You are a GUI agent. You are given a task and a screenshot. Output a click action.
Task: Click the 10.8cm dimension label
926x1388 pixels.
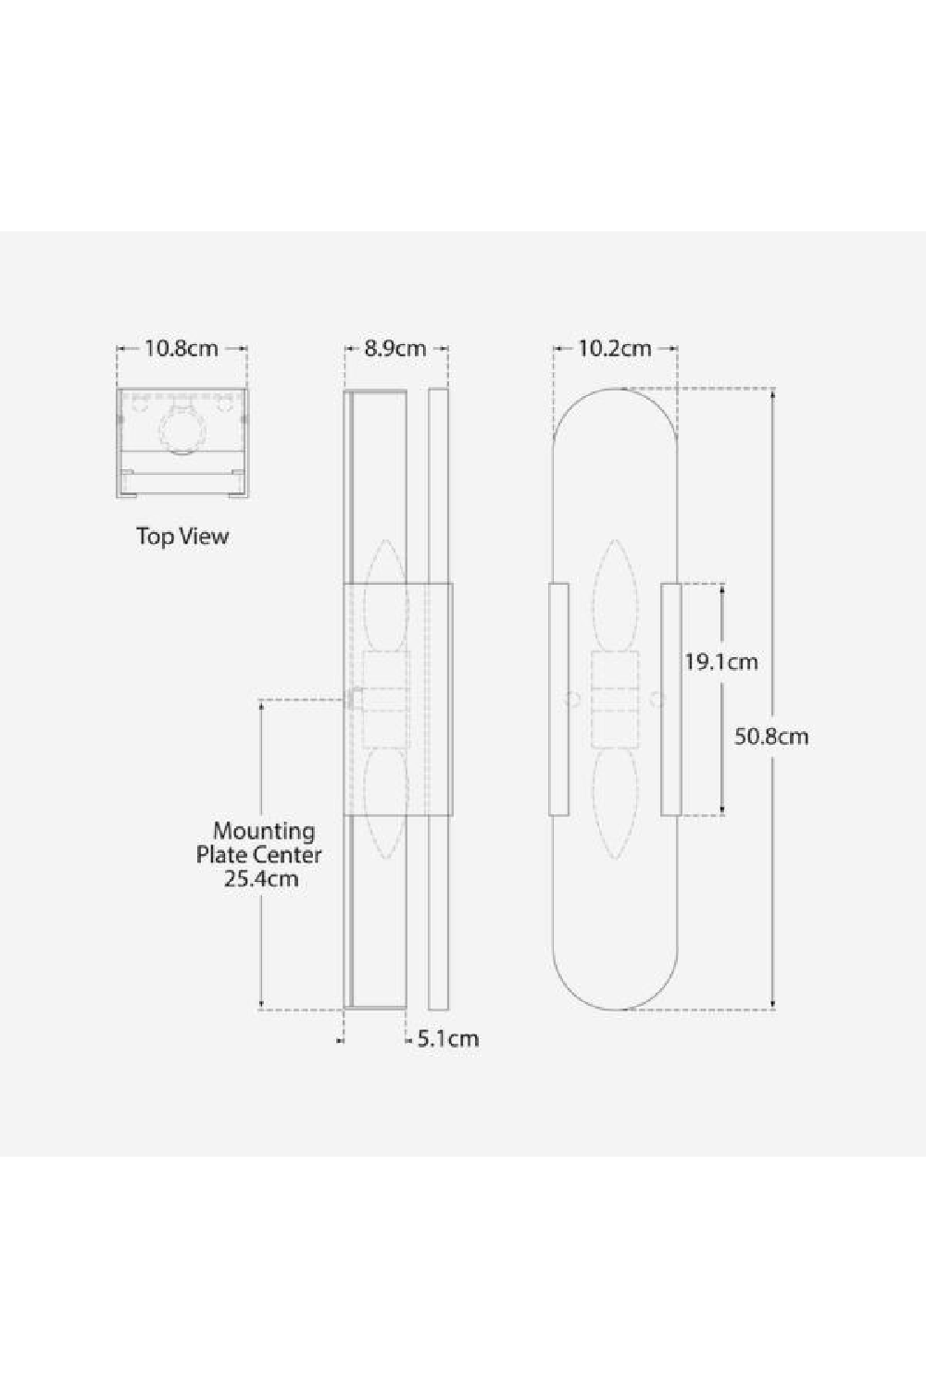click(x=181, y=349)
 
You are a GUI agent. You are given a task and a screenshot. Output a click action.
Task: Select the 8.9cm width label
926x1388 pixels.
click(x=395, y=349)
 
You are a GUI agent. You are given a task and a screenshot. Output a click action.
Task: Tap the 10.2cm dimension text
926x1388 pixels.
click(x=615, y=349)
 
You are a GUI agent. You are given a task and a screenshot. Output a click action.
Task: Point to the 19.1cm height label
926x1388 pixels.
click(x=721, y=662)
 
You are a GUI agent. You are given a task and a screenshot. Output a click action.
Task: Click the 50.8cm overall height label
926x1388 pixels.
click(x=771, y=737)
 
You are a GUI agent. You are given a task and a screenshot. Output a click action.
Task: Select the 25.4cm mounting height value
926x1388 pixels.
click(x=261, y=878)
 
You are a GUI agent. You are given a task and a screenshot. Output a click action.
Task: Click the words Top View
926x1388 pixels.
click(x=182, y=536)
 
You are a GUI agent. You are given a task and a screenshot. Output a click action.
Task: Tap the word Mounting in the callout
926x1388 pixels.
click(x=264, y=831)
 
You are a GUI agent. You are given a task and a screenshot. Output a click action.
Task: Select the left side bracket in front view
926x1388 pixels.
click(x=558, y=700)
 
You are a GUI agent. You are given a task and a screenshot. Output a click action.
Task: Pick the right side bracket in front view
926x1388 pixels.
click(x=671, y=700)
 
